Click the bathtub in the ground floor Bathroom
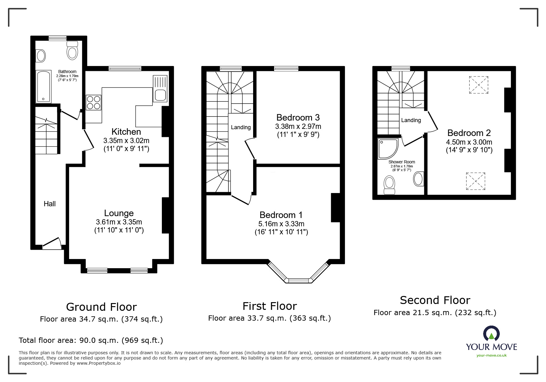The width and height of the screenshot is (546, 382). [x=43, y=86]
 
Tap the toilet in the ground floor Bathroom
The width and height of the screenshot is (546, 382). [x=72, y=51]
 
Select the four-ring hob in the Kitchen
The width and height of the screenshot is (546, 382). [x=93, y=103]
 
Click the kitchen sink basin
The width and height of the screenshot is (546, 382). [x=161, y=95]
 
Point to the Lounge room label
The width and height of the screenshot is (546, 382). [x=119, y=213]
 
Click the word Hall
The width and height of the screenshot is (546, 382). [x=50, y=204]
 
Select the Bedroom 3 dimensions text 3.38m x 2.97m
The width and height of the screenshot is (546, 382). [x=298, y=126]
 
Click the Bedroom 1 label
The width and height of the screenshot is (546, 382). [x=281, y=215]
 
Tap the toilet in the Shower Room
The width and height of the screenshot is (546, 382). [x=389, y=184]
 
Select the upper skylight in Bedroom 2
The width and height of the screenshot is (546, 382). [x=478, y=85]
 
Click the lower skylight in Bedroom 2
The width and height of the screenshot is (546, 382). [x=475, y=181]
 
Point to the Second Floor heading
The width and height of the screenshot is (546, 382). [x=435, y=300]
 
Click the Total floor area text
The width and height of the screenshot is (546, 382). [x=91, y=340]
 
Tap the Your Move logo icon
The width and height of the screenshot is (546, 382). [x=491, y=334]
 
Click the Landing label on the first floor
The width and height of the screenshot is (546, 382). [x=240, y=127]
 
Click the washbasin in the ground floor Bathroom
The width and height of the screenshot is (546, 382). [x=41, y=56]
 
